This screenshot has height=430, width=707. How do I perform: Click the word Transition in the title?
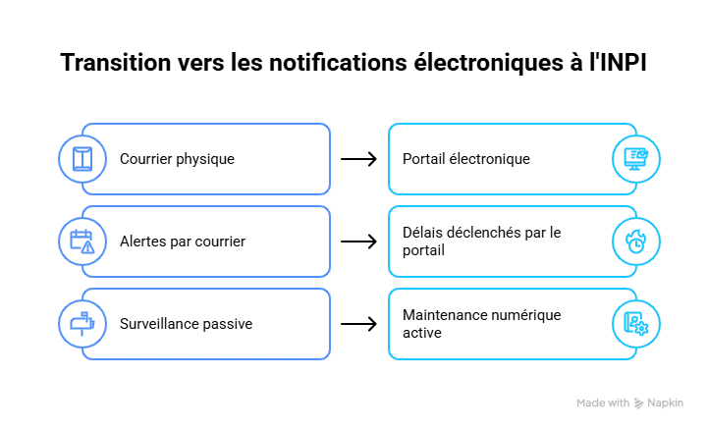116,62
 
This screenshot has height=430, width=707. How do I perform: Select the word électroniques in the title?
489,63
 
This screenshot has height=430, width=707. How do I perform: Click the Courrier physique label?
177,159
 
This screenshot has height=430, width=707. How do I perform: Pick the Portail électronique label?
466,159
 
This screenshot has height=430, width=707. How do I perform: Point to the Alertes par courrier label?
183,242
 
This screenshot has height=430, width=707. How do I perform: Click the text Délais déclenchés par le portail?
481,242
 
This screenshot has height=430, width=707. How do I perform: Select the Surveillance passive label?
187,324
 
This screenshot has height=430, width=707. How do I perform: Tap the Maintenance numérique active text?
481,324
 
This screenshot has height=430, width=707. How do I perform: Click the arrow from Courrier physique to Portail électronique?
359,159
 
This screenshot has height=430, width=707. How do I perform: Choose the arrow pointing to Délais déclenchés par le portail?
359,242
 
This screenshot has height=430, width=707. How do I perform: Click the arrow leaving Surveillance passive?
359,324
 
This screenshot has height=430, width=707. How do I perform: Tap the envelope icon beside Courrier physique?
82,159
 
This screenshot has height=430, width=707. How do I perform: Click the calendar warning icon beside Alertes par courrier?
82,242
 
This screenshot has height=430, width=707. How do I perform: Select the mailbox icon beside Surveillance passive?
82,324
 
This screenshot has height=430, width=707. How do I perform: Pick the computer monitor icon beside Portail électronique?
635,159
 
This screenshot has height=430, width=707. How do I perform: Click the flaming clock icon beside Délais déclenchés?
635,242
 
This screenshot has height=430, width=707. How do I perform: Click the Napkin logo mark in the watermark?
638,403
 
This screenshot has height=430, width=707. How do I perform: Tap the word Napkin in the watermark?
665,403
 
